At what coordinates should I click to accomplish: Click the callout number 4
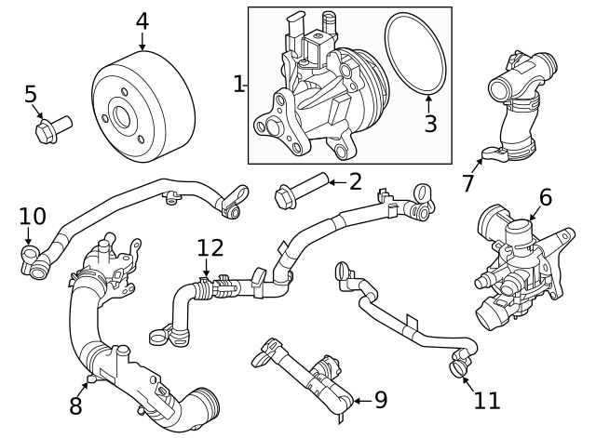(x=142, y=20)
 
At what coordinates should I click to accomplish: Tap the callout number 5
(x=31, y=94)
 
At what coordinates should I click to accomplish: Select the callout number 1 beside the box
(x=238, y=85)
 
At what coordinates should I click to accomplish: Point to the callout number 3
(x=430, y=123)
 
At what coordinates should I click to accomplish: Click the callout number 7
(x=468, y=183)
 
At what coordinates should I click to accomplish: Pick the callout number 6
(x=545, y=196)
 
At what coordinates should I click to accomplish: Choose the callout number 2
(x=355, y=181)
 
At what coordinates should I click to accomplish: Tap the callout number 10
(x=33, y=216)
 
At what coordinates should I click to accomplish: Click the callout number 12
(x=210, y=247)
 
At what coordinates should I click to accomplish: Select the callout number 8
(x=75, y=405)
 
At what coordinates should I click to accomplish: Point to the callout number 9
(x=380, y=400)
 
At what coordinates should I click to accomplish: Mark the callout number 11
(x=486, y=400)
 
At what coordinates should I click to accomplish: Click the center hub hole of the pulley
(x=122, y=117)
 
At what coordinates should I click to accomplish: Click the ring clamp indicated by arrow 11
(x=457, y=370)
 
